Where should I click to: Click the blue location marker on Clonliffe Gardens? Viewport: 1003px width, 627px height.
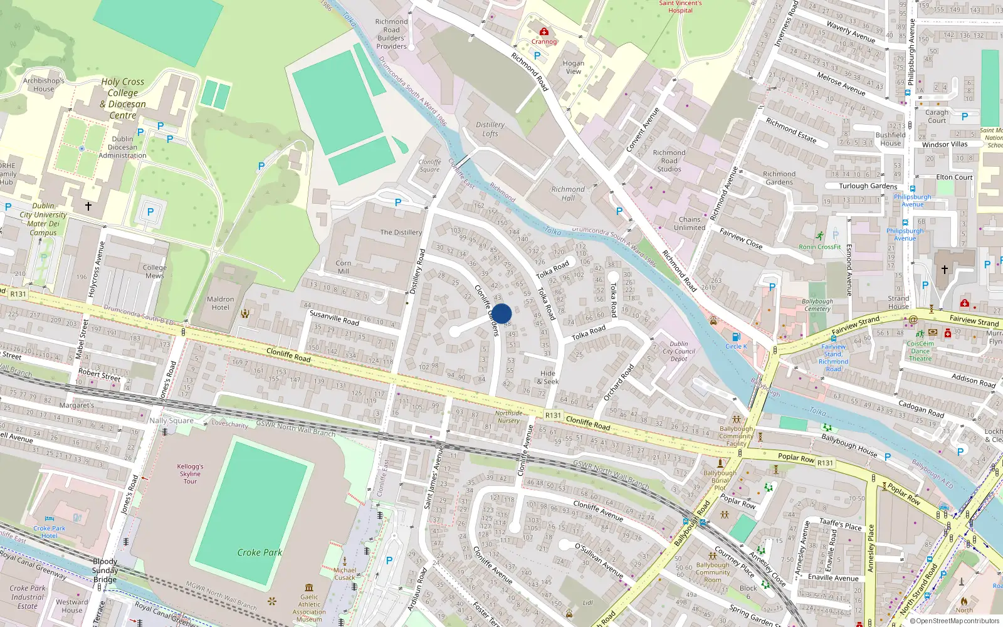[501, 313]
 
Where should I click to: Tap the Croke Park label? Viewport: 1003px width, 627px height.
[260, 552]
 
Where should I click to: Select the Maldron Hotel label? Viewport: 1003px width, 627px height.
[220, 303]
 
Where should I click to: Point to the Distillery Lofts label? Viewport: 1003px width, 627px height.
[490, 129]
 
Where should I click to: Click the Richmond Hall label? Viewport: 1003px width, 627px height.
[567, 193]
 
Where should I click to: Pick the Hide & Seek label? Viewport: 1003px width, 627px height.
[548, 377]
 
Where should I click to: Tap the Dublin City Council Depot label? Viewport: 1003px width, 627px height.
[679, 351]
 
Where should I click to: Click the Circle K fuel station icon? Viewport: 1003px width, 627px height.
[736, 337]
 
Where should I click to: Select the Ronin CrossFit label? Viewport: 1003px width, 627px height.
[820, 247]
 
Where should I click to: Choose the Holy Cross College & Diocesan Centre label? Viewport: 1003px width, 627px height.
[123, 98]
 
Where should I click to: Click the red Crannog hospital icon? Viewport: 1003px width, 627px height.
[544, 31]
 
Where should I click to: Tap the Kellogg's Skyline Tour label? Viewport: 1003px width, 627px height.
[190, 473]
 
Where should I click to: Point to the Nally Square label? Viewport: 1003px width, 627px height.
[171, 421]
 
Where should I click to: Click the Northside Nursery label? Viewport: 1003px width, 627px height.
[508, 417]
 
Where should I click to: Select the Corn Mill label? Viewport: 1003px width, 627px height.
[344, 267]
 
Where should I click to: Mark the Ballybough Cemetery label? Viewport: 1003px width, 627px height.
[817, 305]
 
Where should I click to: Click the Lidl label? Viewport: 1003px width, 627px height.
[588, 603]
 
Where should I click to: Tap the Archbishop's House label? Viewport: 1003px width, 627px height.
[44, 85]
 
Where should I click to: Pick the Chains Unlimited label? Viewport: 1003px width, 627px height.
[690, 223]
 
